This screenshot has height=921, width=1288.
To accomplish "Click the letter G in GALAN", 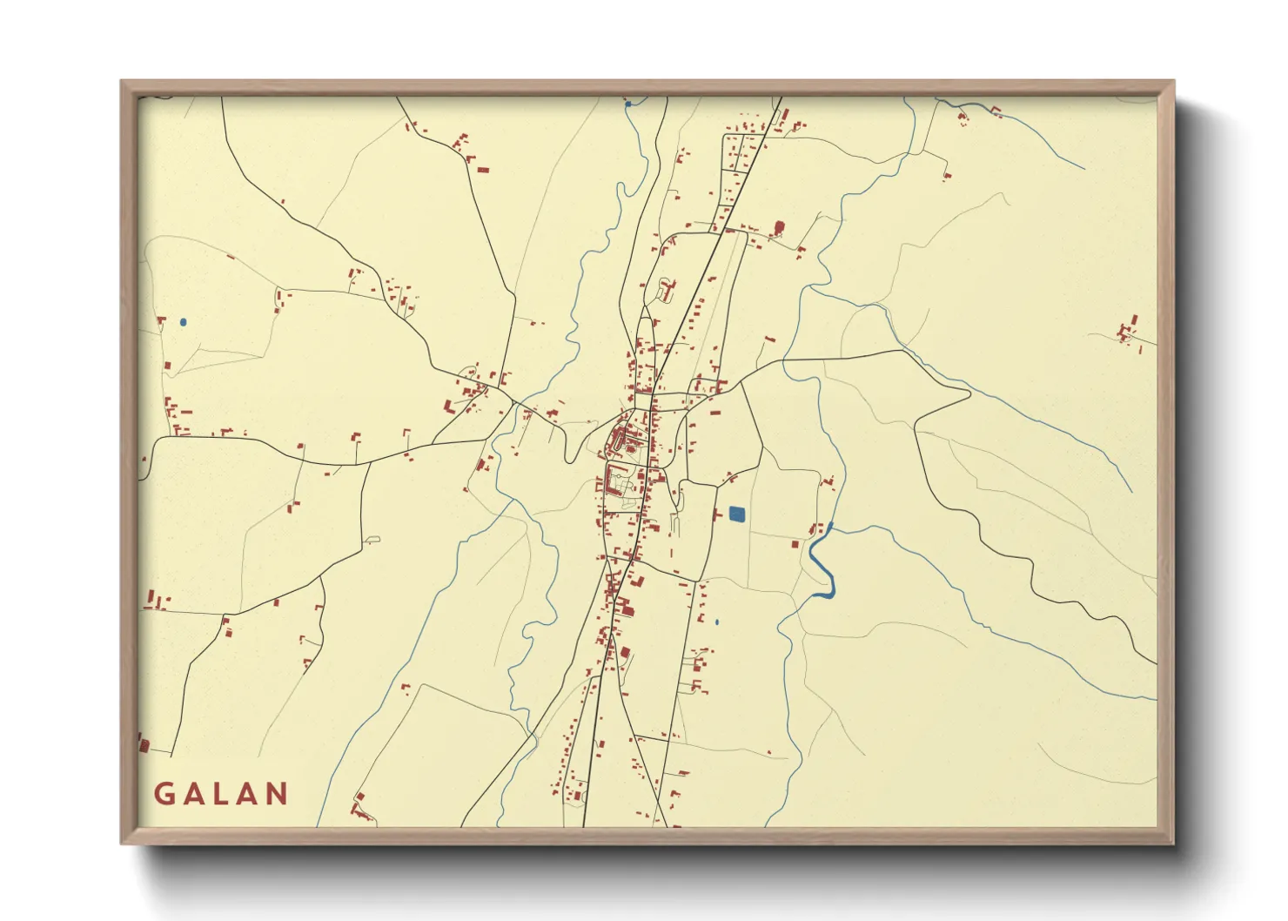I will [x=164, y=794].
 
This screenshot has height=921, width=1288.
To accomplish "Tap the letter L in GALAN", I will [x=221, y=794].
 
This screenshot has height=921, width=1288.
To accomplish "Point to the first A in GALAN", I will [x=193, y=794].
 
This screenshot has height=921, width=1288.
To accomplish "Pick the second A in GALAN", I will [x=248, y=794].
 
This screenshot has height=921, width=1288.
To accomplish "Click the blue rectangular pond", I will [x=736, y=514].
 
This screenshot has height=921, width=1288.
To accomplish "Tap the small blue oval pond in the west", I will [x=183, y=322].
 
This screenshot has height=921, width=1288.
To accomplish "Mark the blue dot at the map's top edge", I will [x=627, y=104].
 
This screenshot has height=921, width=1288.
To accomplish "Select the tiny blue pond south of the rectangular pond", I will [x=716, y=622].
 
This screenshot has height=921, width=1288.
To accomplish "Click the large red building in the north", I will [x=778, y=228].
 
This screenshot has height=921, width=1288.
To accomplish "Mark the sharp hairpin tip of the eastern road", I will [x=969, y=393].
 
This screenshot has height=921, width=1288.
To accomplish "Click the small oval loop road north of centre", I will [x=667, y=289].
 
